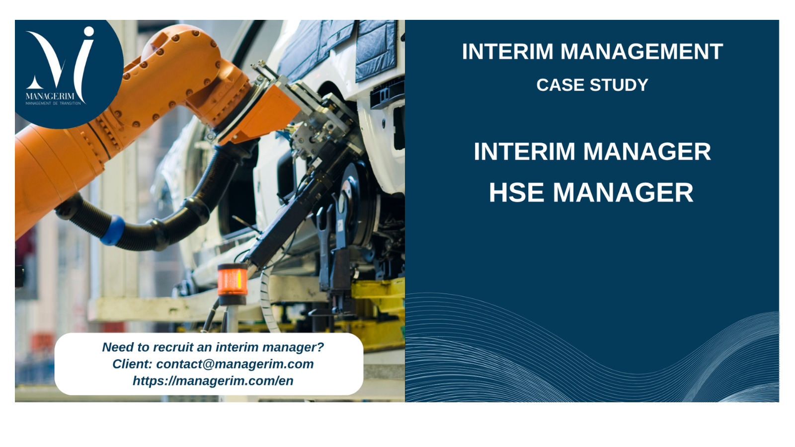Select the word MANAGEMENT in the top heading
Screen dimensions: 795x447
pos(641,52)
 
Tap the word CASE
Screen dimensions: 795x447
pos(560,85)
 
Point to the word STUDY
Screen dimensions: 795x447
pos(619,85)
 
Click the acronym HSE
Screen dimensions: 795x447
pos(516,193)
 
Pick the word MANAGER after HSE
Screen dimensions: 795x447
pos(623,193)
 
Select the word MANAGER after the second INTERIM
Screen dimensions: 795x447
pos(647,151)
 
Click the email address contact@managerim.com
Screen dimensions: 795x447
pos(235,364)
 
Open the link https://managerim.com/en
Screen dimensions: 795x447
pos(213,380)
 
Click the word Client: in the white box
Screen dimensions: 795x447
pos(132,364)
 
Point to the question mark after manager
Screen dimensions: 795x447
pos(320,347)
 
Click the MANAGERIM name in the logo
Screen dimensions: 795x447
pos(50,96)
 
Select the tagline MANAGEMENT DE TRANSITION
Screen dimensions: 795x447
pos(53,103)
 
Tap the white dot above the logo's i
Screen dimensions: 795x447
pos(89,32)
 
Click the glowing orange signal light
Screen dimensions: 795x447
pos(233,280)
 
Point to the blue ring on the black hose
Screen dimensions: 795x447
pos(113,230)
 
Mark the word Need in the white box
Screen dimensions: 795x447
pos(115,347)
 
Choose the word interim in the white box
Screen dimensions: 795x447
pos(237,347)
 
